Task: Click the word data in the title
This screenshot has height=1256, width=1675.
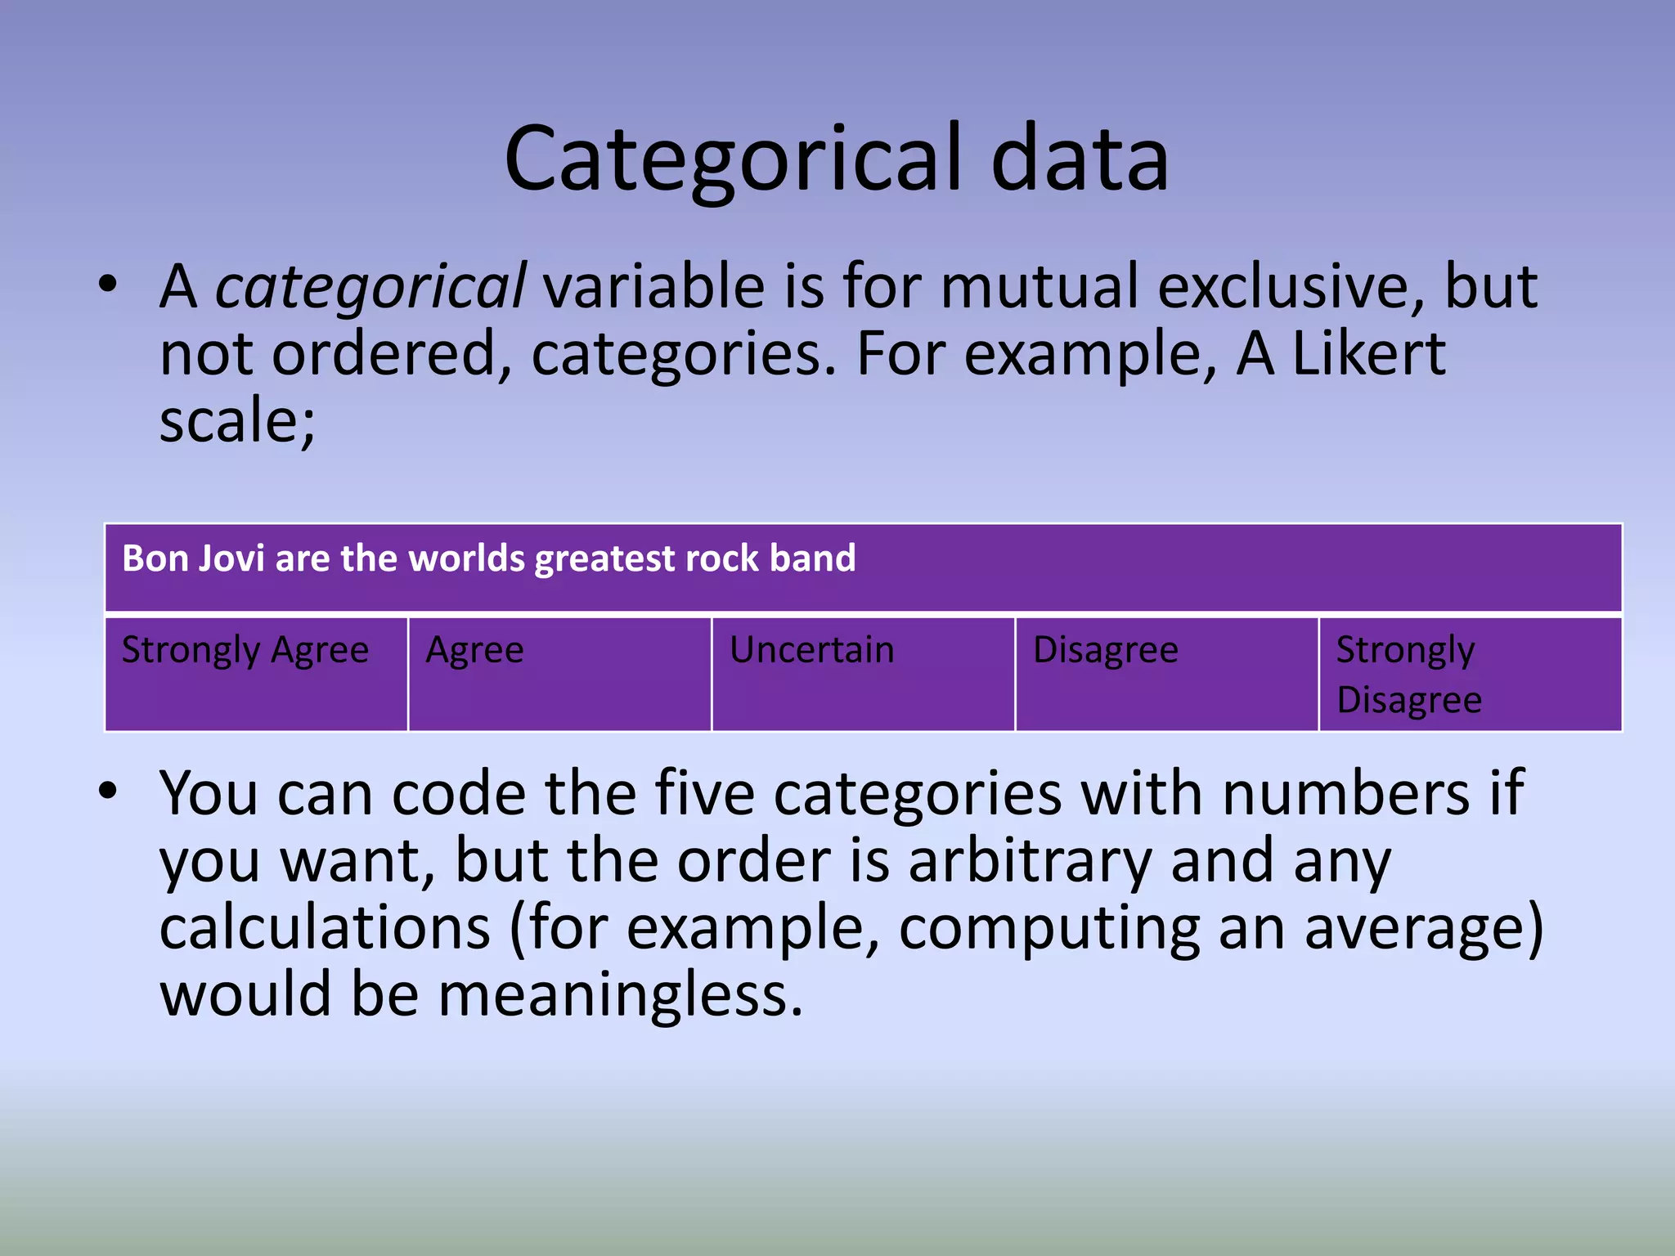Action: tap(1080, 159)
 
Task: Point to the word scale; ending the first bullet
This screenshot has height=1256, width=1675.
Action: tap(237, 421)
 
